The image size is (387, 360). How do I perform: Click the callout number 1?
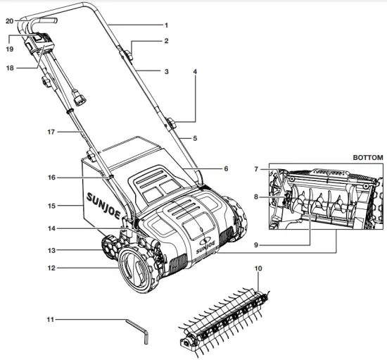[166, 25]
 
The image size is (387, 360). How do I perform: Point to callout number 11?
[49, 319]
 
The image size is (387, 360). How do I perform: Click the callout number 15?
[49, 206]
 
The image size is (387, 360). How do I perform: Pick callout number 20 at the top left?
[9, 21]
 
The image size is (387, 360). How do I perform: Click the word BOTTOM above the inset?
[367, 157]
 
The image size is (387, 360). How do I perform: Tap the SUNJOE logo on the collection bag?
[103, 194]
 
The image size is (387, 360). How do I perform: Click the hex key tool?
[137, 330]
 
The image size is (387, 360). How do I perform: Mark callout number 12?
[49, 268]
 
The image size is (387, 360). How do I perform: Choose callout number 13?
[49, 250]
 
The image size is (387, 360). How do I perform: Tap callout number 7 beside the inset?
[258, 169]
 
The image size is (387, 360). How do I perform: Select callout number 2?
[166, 42]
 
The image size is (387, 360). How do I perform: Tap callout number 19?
[9, 49]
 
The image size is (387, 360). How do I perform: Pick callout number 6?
[226, 169]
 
